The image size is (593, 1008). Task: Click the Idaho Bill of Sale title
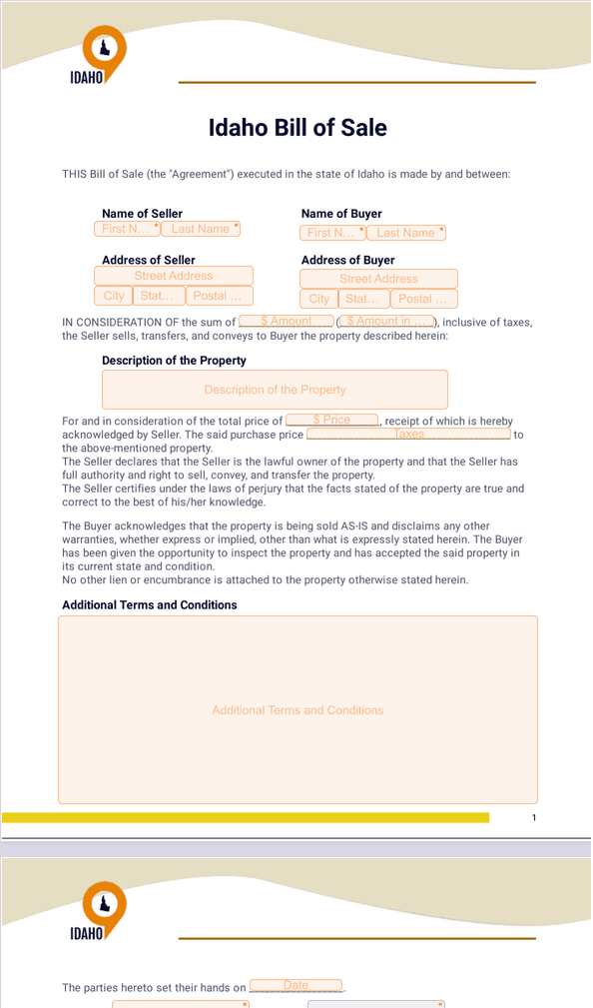[297, 128]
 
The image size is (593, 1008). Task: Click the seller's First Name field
[128, 229]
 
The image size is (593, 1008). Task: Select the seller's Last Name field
[201, 229]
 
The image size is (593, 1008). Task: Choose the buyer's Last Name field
[405, 233]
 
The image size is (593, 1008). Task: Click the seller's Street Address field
[174, 276]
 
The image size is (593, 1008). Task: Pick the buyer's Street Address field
[378, 279]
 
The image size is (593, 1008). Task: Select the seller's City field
[114, 296]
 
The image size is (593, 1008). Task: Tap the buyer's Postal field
[423, 299]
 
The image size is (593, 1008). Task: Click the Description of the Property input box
[275, 390]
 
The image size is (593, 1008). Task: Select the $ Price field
[331, 421]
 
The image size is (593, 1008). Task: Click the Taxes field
[409, 434]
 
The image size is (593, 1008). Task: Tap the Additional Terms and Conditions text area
[297, 710]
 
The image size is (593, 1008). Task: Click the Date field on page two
[296, 986]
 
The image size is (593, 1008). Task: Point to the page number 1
[534, 818]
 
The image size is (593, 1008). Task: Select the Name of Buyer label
[341, 214]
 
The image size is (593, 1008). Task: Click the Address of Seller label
[149, 260]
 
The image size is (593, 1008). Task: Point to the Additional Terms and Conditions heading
[150, 604]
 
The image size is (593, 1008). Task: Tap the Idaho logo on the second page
[103, 911]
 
